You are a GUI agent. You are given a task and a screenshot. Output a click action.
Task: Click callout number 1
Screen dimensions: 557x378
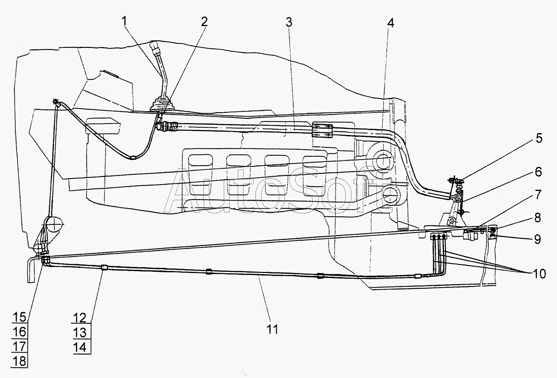[x=124, y=21]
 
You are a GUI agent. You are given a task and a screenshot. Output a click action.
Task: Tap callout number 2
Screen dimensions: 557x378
[x=204, y=22]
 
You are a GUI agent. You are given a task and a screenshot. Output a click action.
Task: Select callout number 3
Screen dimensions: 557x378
[x=289, y=22]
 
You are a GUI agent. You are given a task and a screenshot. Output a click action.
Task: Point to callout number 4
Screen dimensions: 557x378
[x=390, y=23]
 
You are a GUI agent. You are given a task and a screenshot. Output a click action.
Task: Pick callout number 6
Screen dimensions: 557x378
[x=538, y=172]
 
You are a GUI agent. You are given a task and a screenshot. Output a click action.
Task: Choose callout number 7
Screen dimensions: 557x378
[x=538, y=195]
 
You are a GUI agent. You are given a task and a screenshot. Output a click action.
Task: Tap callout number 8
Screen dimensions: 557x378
[x=538, y=218]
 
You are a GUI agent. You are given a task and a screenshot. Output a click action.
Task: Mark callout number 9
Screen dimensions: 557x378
[x=537, y=239]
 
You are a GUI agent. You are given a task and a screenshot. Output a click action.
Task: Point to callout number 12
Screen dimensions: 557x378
[x=80, y=318]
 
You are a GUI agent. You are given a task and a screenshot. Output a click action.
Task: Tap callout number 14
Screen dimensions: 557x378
[x=80, y=347]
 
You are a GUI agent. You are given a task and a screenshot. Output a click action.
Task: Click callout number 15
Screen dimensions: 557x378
[x=19, y=317]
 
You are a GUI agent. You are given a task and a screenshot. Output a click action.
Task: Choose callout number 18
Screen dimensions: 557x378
[x=19, y=361]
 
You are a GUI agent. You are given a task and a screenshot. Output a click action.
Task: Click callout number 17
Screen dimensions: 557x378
[x=19, y=346]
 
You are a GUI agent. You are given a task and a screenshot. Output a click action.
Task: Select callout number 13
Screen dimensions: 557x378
[x=80, y=332]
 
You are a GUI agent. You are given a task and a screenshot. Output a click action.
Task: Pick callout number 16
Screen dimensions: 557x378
[x=19, y=332]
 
